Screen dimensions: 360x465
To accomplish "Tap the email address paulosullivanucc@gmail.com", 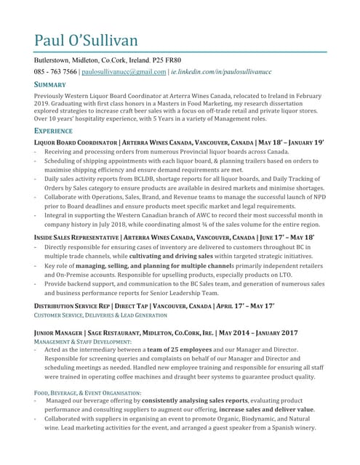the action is [x=124, y=73].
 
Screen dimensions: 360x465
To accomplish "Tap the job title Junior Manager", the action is [x=60, y=333].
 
